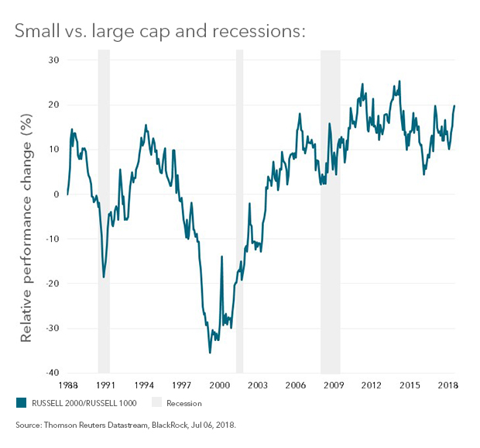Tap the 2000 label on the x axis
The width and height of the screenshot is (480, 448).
pyautogui.click(x=219, y=384)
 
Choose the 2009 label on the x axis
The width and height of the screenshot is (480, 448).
pyautogui.click(x=333, y=384)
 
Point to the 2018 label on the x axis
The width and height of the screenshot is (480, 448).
pyautogui.click(x=447, y=384)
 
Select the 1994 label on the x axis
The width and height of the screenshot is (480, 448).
pyautogui.click(x=143, y=384)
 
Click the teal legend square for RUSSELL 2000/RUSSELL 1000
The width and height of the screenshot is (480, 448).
pyautogui.click(x=21, y=403)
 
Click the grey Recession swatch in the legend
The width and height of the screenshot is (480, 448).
pyautogui.click(x=156, y=403)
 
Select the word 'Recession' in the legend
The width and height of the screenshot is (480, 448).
pyautogui.click(x=183, y=403)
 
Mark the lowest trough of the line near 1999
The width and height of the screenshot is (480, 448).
pyautogui.click(x=210, y=353)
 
